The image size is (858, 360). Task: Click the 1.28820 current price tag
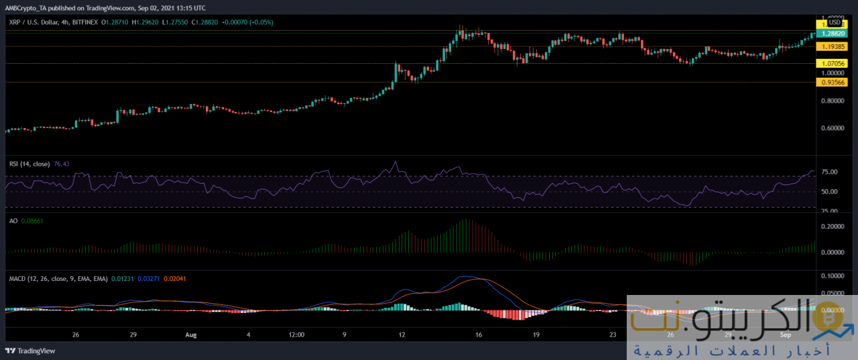tap(829, 32)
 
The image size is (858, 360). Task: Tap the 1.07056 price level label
tap(829, 63)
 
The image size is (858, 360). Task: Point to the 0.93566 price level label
tap(829, 82)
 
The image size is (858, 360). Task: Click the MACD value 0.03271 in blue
tap(149, 278)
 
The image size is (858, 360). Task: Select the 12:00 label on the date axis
tap(296, 334)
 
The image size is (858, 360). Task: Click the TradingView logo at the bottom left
tap(31, 351)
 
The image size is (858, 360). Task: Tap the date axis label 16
tap(479, 334)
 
